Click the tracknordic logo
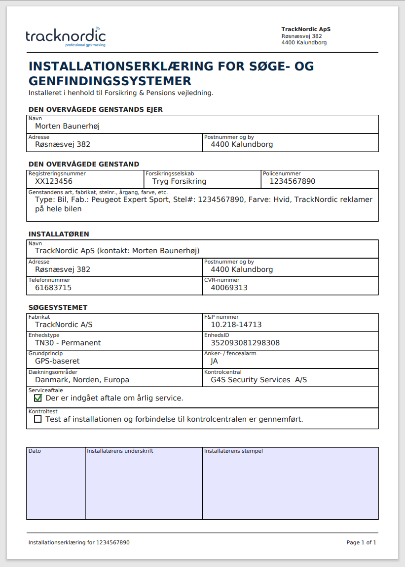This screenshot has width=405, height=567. click(66, 36)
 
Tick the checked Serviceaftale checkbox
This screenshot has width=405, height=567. click(38, 398)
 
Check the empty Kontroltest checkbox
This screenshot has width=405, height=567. click(38, 419)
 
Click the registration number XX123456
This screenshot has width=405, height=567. click(54, 181)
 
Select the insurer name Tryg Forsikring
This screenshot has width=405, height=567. click(179, 181)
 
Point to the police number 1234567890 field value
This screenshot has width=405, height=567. click(292, 181)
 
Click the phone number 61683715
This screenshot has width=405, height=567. click(53, 288)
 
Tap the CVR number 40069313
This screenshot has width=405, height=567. click(229, 288)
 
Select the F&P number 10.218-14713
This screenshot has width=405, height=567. click(236, 325)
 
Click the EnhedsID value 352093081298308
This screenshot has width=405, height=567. click(245, 343)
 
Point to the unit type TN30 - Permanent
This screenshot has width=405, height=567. click(68, 343)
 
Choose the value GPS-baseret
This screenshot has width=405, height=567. click(57, 361)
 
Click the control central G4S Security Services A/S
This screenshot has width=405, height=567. click(258, 380)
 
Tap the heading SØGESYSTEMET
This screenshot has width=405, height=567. click(58, 307)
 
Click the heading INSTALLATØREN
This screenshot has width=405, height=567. click(59, 234)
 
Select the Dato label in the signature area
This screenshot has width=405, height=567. click(35, 451)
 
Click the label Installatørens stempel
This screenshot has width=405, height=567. click(233, 451)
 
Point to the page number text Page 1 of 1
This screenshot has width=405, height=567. click(361, 542)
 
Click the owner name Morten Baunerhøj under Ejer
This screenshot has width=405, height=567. click(67, 126)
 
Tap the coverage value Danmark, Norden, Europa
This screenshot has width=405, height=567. click(82, 380)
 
